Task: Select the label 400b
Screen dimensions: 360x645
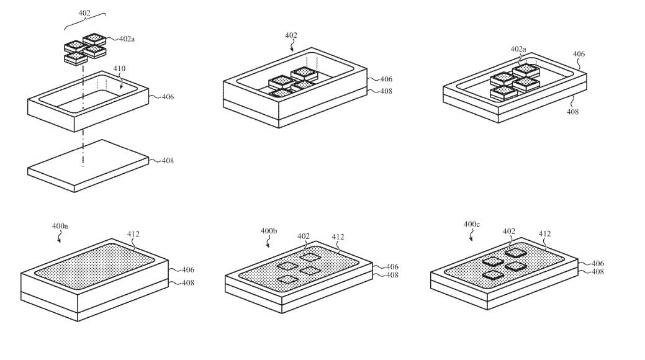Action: point(269,231)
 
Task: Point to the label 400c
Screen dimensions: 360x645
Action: point(472,223)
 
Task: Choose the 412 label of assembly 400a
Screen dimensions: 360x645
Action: point(133,234)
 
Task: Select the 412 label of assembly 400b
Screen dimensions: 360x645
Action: point(338,236)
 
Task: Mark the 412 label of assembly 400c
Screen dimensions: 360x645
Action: point(544,234)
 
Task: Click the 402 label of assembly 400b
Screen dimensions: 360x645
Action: point(304,236)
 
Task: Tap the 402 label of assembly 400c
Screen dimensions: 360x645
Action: point(509,231)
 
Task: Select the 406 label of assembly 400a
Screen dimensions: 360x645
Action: point(187,270)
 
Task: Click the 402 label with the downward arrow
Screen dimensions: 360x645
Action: point(291,35)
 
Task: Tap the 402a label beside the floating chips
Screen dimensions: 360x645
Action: point(127,38)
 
